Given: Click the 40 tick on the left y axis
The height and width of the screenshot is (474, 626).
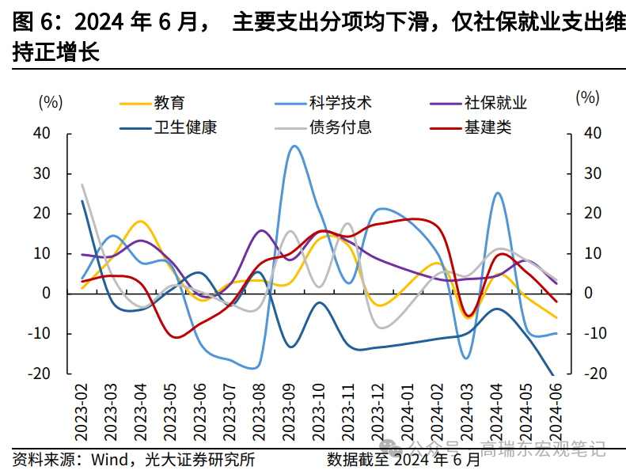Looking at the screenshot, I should click(x=42, y=133).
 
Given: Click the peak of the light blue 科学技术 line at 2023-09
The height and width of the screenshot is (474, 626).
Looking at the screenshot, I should click(x=294, y=146).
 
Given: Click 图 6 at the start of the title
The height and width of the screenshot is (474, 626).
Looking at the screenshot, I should click(x=28, y=22).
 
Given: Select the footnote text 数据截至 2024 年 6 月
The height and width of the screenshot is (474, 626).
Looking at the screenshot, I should click(x=403, y=458).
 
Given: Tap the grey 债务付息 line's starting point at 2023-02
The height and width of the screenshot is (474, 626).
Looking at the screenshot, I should click(x=82, y=184).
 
